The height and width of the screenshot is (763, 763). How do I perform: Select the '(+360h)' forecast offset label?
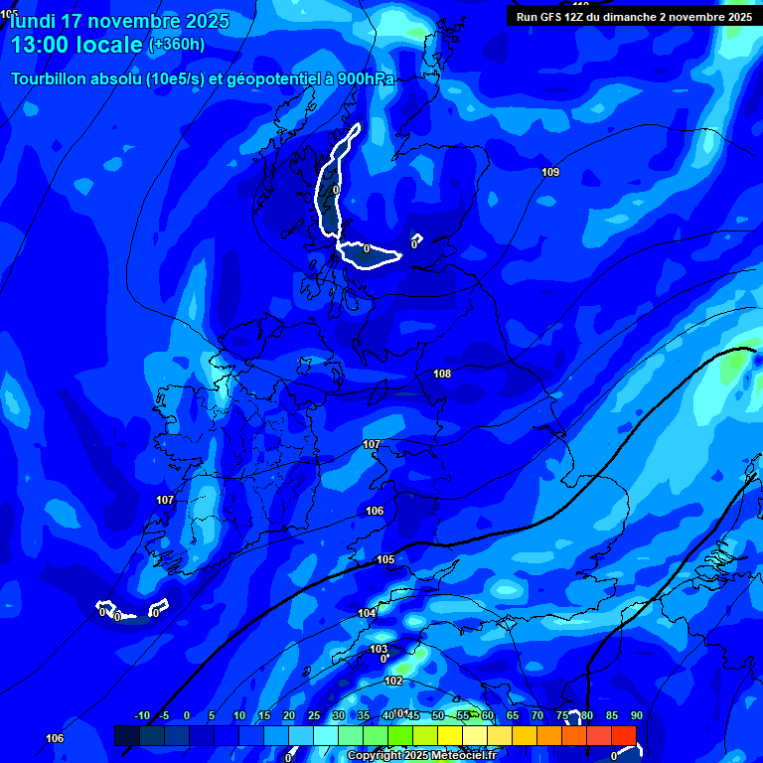coord(177,45)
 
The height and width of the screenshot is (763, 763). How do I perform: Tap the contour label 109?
coord(550,173)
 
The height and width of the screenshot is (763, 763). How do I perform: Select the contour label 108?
coord(442,374)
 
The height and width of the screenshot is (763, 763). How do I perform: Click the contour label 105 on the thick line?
coord(385,559)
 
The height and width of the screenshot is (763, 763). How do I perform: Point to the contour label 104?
coord(367,613)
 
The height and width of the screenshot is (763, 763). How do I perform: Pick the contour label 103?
coord(379,649)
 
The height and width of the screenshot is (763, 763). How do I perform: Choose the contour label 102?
coord(393,681)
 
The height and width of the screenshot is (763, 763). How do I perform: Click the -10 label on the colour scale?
coord(141,715)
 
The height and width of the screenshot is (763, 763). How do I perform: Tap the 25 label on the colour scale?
coord(313,715)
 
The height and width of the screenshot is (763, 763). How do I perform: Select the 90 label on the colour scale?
coord(636,715)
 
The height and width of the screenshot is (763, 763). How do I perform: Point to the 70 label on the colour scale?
coord(536,715)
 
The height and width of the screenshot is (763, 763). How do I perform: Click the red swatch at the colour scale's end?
coord(623,735)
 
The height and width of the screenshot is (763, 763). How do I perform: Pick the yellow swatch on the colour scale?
coord(499,735)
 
